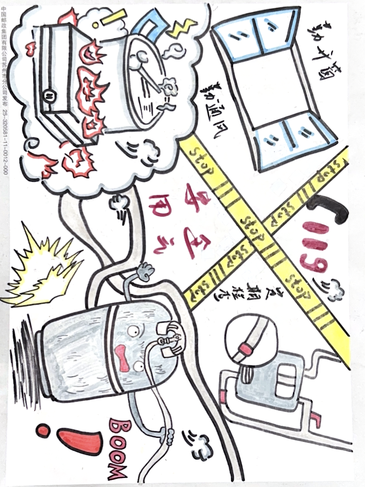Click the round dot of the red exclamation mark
tap(43, 431)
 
